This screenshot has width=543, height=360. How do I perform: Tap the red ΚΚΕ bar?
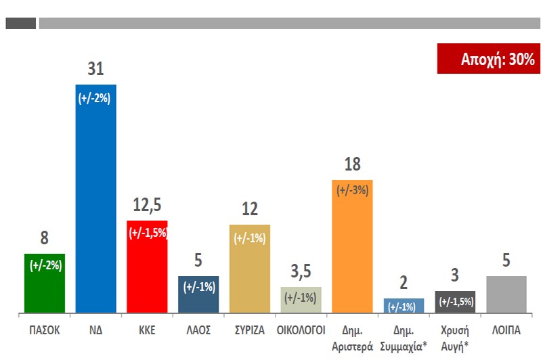[x=147, y=267]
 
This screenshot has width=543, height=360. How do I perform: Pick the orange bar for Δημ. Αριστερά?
[x=351, y=247]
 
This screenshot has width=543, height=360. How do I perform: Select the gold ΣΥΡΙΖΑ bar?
[x=250, y=269]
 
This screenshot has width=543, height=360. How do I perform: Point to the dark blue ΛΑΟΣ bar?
[x=198, y=294]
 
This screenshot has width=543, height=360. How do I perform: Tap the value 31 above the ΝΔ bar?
[x=95, y=69]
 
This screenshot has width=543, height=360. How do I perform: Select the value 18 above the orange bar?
[x=351, y=164]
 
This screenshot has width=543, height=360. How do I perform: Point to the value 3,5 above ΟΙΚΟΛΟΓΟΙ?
[x=301, y=272]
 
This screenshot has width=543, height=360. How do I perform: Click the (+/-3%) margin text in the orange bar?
[x=351, y=190]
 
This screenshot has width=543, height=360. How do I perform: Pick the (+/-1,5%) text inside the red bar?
[x=147, y=233]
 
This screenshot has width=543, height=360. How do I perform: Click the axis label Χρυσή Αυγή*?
[x=454, y=336]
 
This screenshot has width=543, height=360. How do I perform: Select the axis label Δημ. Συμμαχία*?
[x=404, y=336]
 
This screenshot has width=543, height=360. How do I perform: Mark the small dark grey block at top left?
[x=20, y=24]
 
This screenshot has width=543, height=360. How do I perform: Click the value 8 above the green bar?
[x=44, y=238]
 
